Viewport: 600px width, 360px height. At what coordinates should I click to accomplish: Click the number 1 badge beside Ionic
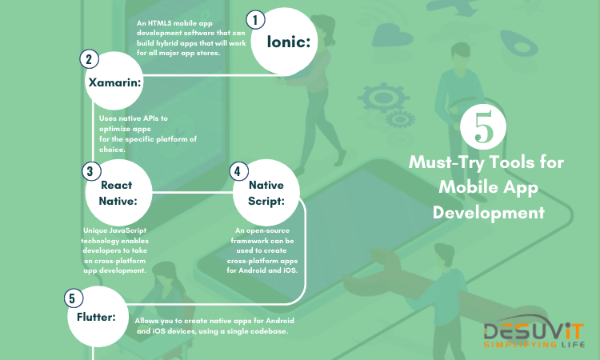(x=256, y=20)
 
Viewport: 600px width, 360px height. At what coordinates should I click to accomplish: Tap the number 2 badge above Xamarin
(x=89, y=59)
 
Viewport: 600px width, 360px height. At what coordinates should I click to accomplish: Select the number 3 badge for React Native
(x=91, y=171)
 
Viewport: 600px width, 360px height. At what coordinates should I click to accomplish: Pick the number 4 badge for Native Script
(x=238, y=171)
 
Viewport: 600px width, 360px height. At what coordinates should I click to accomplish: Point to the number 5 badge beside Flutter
(x=74, y=298)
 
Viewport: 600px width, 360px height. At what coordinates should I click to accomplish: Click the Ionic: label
(x=289, y=42)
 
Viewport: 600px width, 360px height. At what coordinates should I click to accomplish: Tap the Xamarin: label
(x=114, y=82)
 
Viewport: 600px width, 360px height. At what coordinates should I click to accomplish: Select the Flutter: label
(x=96, y=317)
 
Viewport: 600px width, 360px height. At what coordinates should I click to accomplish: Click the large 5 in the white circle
(x=484, y=126)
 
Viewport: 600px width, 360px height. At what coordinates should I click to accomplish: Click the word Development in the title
(x=489, y=213)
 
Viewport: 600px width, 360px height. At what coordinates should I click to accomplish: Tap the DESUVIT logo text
(x=534, y=331)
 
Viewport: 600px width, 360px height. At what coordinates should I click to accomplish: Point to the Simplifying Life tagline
(x=534, y=345)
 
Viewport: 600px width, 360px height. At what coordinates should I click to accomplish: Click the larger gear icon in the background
(x=382, y=97)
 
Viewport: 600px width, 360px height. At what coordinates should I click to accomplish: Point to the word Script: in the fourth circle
(x=266, y=202)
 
